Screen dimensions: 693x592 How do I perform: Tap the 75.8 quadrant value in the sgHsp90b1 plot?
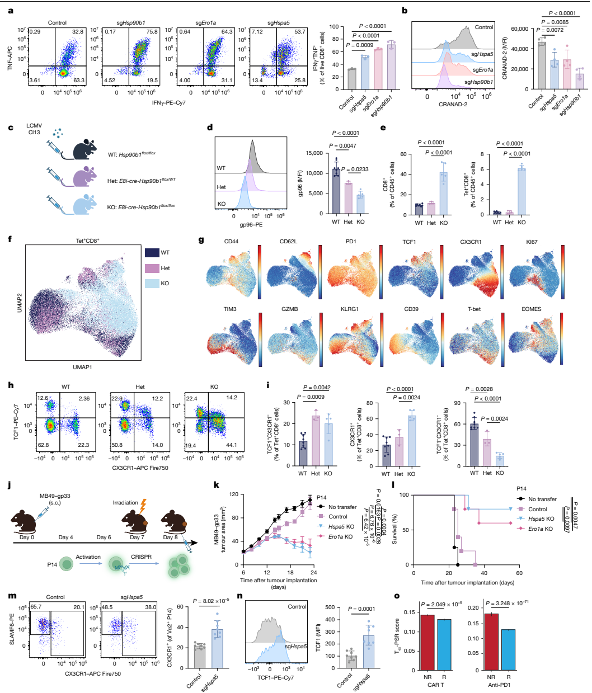point(152,32)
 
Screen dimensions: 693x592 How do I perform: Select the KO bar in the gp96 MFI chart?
point(360,204)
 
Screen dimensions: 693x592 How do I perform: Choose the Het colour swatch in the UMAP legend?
point(152,268)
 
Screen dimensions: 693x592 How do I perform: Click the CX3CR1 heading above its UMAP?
point(471,242)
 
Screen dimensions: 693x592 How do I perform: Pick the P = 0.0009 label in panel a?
point(360,45)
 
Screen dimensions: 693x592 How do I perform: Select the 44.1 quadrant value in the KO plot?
point(231,445)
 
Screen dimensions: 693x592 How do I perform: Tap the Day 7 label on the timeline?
point(135,538)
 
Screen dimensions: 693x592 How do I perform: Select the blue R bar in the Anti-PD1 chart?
point(509,650)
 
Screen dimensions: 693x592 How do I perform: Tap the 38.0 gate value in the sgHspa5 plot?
point(151,607)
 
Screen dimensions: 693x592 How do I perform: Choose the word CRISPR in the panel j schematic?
point(140,557)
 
